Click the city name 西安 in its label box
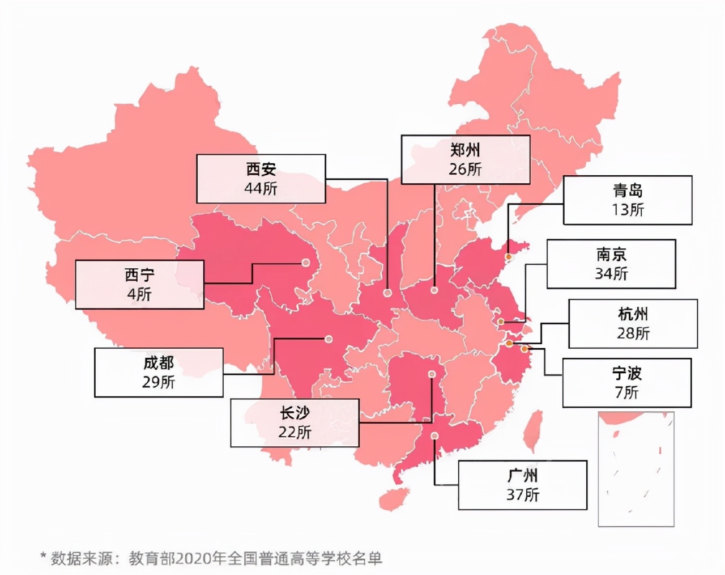pos(261,169)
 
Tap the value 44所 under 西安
pos(261,188)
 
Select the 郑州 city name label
pos(465,150)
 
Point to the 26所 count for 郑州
pos(465,169)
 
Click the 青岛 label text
pos(628,191)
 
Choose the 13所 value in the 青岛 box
pos(628,210)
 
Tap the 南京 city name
pos(611,254)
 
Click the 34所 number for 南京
pos(611,273)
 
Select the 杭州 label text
pos(633,314)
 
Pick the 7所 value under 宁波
pos(626,392)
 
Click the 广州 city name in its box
pos(522,475)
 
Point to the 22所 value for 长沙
pos(295,432)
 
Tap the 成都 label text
pos(159,363)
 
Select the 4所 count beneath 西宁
pos(139,294)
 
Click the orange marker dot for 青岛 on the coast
pos(508,257)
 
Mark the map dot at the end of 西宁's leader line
pos(305,263)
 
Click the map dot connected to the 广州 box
pos(434,436)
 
